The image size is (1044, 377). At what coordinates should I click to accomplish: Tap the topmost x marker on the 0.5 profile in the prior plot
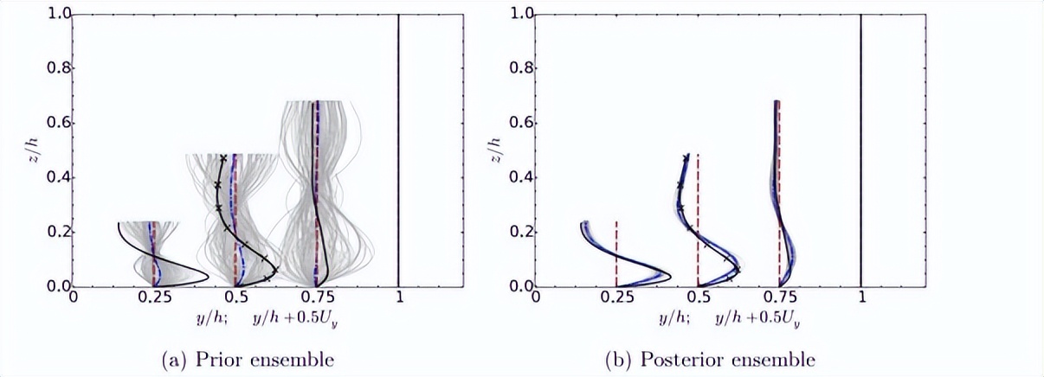[x=223, y=158]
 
